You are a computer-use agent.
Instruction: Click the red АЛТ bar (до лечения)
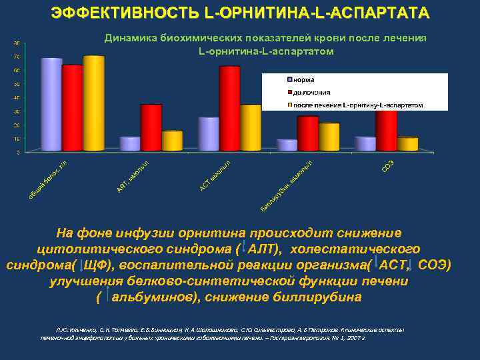point(151,128)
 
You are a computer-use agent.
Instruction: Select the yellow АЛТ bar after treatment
point(172,141)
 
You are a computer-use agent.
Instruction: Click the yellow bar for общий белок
point(94,103)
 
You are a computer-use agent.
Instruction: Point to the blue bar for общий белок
point(51,105)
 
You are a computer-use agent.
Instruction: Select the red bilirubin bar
point(307,133)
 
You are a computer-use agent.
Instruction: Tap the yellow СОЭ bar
point(407,144)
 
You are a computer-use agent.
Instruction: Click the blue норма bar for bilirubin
point(287,145)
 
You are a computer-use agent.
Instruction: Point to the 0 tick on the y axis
point(18,152)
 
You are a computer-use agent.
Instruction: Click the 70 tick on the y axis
point(17,57)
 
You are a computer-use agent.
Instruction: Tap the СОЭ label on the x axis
point(387,165)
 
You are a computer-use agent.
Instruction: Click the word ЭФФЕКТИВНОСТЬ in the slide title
point(107,13)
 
